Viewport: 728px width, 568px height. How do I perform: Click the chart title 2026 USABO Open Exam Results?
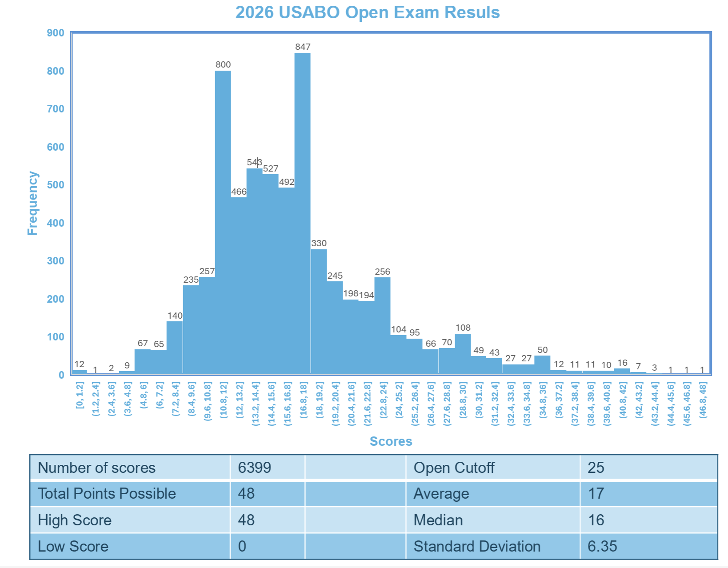coord(368,12)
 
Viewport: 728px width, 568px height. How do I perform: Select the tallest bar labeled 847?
coord(302,213)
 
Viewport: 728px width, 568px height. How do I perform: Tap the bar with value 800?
coord(223,222)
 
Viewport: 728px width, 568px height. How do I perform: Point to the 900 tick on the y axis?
coord(56,33)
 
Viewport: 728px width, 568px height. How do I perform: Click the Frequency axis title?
coord(32,203)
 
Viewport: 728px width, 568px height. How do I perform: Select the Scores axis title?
coord(391,441)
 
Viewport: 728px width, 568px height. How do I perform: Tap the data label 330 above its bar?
coord(319,243)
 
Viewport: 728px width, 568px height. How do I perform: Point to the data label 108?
coord(463,328)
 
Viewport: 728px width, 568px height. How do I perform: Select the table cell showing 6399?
coord(255,468)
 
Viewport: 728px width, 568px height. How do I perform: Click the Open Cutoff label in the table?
coord(454,468)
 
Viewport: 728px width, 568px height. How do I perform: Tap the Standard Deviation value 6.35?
coord(602,546)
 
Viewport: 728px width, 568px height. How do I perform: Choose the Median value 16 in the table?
coord(596,520)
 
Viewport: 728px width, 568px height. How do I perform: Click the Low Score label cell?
coord(73,546)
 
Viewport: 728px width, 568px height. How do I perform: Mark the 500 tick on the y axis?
coord(56,185)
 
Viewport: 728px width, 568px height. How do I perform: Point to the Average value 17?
coord(596,493)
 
